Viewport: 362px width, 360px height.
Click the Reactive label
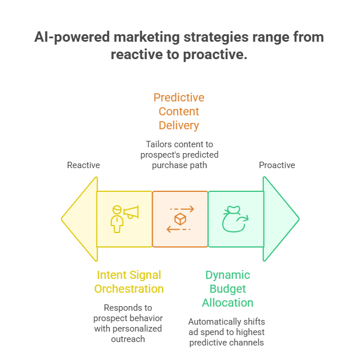click(x=84, y=165)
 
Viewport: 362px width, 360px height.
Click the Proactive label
click(x=277, y=165)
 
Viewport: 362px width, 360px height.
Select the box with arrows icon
click(x=180, y=219)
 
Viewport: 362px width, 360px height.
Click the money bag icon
click(x=235, y=219)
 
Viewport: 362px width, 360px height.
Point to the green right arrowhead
click(x=281, y=219)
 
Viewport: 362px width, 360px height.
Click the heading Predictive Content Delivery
click(x=179, y=111)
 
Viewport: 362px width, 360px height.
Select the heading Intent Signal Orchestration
click(x=129, y=282)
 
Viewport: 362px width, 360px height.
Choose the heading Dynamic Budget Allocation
click(x=227, y=289)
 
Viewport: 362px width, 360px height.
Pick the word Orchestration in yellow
click(x=129, y=289)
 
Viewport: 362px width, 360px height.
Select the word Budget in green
click(x=227, y=289)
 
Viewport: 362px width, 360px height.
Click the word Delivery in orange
click(x=179, y=125)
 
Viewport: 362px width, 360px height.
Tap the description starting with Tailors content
click(x=179, y=155)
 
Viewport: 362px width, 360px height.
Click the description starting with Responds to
click(x=129, y=323)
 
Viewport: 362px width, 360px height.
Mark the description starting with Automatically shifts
click(x=227, y=332)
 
